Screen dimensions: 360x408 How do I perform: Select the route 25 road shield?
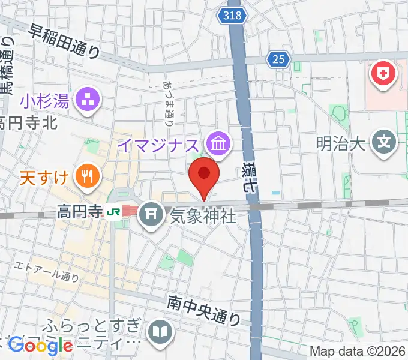(x=278, y=59)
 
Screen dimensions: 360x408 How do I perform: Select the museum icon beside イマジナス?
(x=217, y=143)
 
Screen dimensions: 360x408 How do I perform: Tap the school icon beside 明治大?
(x=382, y=143)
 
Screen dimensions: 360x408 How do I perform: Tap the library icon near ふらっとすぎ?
(x=160, y=331)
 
